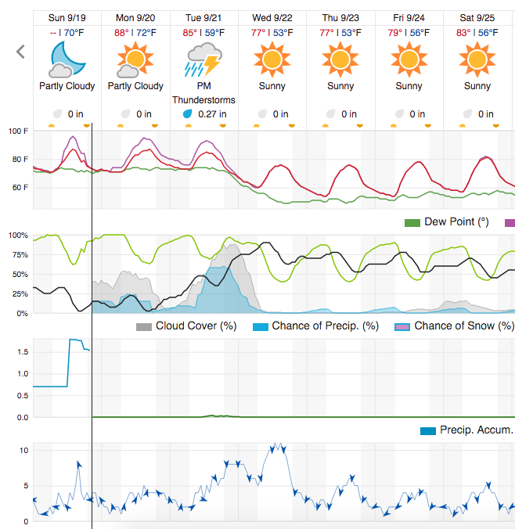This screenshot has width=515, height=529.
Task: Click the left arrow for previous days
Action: click(x=21, y=52)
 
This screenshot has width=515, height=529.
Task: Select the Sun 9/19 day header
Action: click(x=67, y=16)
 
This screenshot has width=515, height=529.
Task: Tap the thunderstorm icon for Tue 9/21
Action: click(x=203, y=59)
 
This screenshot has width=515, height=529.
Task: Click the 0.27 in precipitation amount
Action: click(x=212, y=114)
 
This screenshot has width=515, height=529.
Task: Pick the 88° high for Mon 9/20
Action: click(x=121, y=33)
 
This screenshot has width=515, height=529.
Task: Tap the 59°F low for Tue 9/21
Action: click(x=214, y=33)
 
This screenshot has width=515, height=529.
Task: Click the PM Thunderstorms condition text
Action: click(x=203, y=93)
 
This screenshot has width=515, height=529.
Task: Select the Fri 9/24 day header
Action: click(x=409, y=16)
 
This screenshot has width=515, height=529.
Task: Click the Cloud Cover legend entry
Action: click(x=196, y=326)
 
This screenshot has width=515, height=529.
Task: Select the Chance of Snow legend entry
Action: click(x=463, y=326)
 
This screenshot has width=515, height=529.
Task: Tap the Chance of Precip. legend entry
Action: click(x=325, y=326)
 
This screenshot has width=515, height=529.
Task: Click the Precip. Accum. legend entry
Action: click(x=475, y=430)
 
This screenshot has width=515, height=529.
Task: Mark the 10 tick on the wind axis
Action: click(x=25, y=450)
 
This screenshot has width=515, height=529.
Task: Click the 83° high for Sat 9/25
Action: click(x=463, y=33)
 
